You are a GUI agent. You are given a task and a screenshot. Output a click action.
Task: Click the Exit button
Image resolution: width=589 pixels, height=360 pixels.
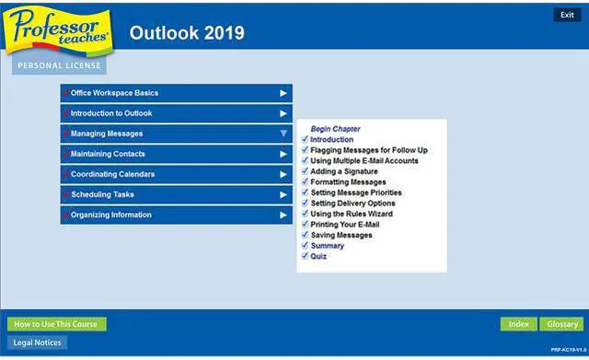point(567,16)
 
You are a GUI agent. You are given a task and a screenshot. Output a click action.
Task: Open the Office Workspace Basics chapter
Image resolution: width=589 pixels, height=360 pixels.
point(176,93)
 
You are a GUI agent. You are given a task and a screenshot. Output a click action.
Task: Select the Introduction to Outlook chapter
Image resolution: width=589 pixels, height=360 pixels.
point(176,113)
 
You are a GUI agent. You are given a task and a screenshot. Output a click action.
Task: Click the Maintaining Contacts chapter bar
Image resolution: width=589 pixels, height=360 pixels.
point(176,154)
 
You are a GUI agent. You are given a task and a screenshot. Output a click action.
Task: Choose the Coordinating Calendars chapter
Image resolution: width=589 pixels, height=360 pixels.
point(176,174)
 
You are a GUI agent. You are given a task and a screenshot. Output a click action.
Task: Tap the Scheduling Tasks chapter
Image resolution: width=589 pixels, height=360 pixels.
point(176,194)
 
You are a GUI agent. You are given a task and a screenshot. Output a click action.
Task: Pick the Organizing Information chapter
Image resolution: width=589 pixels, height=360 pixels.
point(176,215)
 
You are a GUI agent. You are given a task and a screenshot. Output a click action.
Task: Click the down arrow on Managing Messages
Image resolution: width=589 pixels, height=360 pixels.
point(283,134)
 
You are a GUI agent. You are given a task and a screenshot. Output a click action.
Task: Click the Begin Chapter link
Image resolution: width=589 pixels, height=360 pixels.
point(335,129)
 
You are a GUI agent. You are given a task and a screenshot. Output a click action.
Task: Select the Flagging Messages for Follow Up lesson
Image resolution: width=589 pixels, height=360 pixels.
point(368,150)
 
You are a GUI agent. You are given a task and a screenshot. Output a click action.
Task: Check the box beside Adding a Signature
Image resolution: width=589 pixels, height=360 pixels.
point(305,171)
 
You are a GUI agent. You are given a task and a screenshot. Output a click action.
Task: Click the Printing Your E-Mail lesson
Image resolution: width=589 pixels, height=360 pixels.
point(344,225)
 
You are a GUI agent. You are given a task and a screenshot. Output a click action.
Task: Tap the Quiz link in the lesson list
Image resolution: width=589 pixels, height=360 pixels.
point(318,256)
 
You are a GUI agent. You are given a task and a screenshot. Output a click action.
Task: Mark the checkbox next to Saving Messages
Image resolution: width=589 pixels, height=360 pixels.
point(305,235)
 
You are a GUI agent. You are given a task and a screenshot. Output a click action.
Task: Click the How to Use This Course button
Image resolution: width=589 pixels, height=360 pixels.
point(57,324)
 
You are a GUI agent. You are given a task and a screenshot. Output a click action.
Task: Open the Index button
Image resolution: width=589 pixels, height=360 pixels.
point(519,324)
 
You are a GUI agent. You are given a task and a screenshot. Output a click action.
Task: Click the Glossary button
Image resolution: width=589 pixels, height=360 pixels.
point(560,324)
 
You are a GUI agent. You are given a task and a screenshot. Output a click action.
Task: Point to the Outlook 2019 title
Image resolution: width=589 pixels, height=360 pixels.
point(187,33)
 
